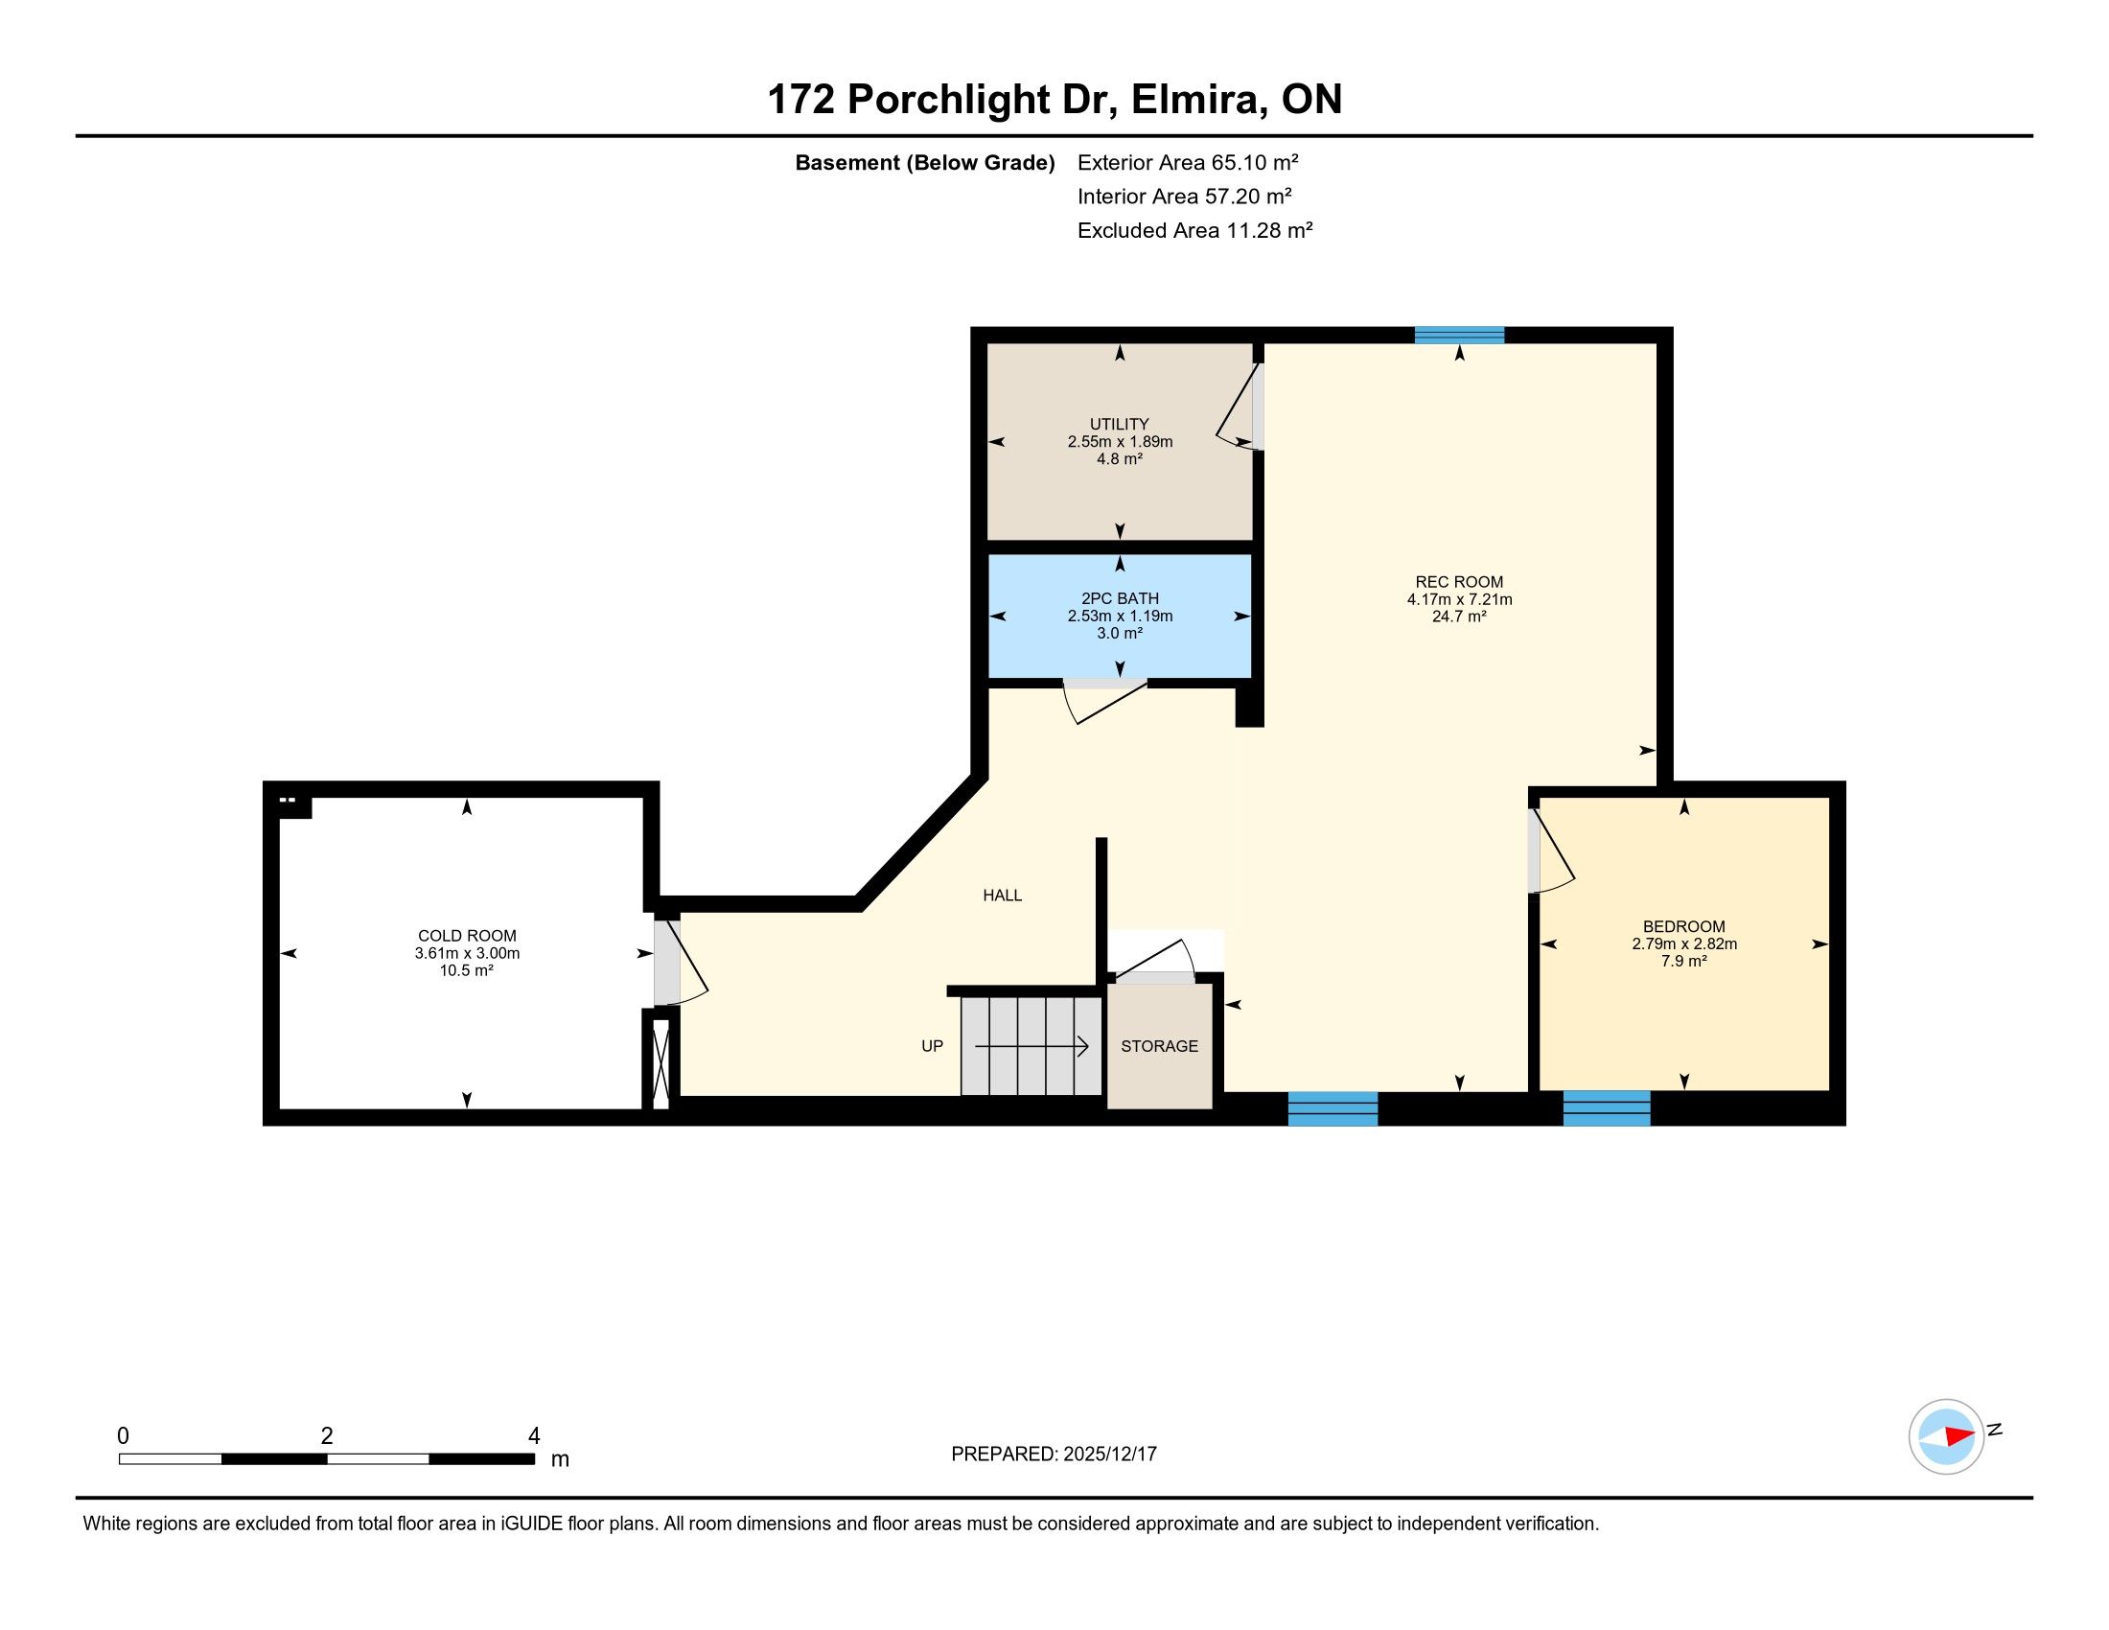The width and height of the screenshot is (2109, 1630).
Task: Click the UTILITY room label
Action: click(1119, 424)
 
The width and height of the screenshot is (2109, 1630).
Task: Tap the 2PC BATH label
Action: click(1120, 598)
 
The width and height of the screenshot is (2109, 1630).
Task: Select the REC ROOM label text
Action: click(1459, 582)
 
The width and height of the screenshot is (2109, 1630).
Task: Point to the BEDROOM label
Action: click(1684, 927)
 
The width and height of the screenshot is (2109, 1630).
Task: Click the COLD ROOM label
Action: click(468, 936)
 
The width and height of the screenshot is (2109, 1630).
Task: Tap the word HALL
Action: click(1003, 896)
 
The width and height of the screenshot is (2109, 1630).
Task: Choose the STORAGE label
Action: click(1160, 1046)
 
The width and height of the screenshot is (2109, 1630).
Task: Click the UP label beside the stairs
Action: click(932, 1046)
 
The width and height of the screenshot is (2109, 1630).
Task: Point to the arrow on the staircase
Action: click(1032, 1046)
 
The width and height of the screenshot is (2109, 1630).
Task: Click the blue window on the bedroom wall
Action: click(1607, 1107)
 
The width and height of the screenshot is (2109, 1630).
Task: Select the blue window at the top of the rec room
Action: click(1459, 335)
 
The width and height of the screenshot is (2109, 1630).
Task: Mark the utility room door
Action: click(1239, 407)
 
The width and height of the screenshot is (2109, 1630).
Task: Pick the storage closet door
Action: click(1151, 959)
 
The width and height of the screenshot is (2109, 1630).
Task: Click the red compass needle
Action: click(1959, 1436)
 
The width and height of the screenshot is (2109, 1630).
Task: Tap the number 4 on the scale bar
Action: click(534, 1436)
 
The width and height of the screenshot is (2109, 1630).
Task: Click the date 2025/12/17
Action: click(1109, 1455)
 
